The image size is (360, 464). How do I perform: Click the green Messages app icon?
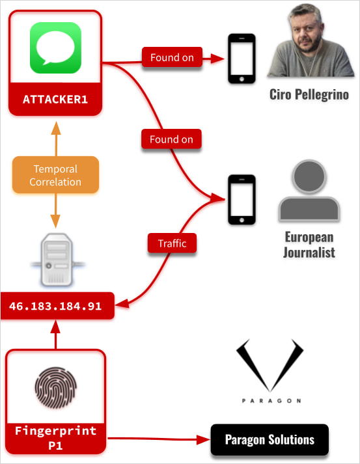pos(55,48)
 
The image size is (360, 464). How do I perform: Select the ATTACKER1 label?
pos(55,100)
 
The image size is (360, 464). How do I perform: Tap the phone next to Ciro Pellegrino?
pos(242,59)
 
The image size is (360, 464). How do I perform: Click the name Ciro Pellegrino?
pos(309,95)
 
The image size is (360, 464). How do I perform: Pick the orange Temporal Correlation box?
pos(55,175)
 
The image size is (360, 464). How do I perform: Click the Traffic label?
pos(172,243)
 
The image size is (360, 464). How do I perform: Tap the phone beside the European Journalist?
pos(242,198)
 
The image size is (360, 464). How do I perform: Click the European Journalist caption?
pos(309,244)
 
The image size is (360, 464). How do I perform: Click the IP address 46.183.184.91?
pos(56,306)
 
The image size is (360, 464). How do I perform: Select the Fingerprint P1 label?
pos(55,437)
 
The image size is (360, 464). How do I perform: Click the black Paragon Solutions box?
pos(270,440)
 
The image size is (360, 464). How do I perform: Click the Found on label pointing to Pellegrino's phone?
pos(172,58)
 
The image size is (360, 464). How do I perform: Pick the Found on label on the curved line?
pos(172,139)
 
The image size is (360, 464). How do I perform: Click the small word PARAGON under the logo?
pos(270,400)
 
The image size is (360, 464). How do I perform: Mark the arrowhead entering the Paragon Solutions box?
pos(203,440)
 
